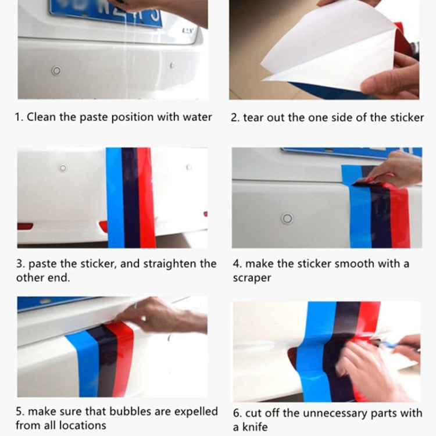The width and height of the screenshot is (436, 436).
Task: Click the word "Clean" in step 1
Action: [x=41, y=117]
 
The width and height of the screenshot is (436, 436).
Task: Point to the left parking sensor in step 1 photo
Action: [x=56, y=71]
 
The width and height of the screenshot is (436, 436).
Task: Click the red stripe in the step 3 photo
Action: [x=146, y=198]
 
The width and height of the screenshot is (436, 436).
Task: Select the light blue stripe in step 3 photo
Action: [x=115, y=198]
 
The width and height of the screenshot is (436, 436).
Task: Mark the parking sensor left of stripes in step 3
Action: [x=63, y=168]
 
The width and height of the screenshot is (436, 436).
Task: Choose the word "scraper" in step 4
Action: [x=252, y=278]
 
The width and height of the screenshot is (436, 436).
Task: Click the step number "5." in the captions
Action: [x=20, y=412]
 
